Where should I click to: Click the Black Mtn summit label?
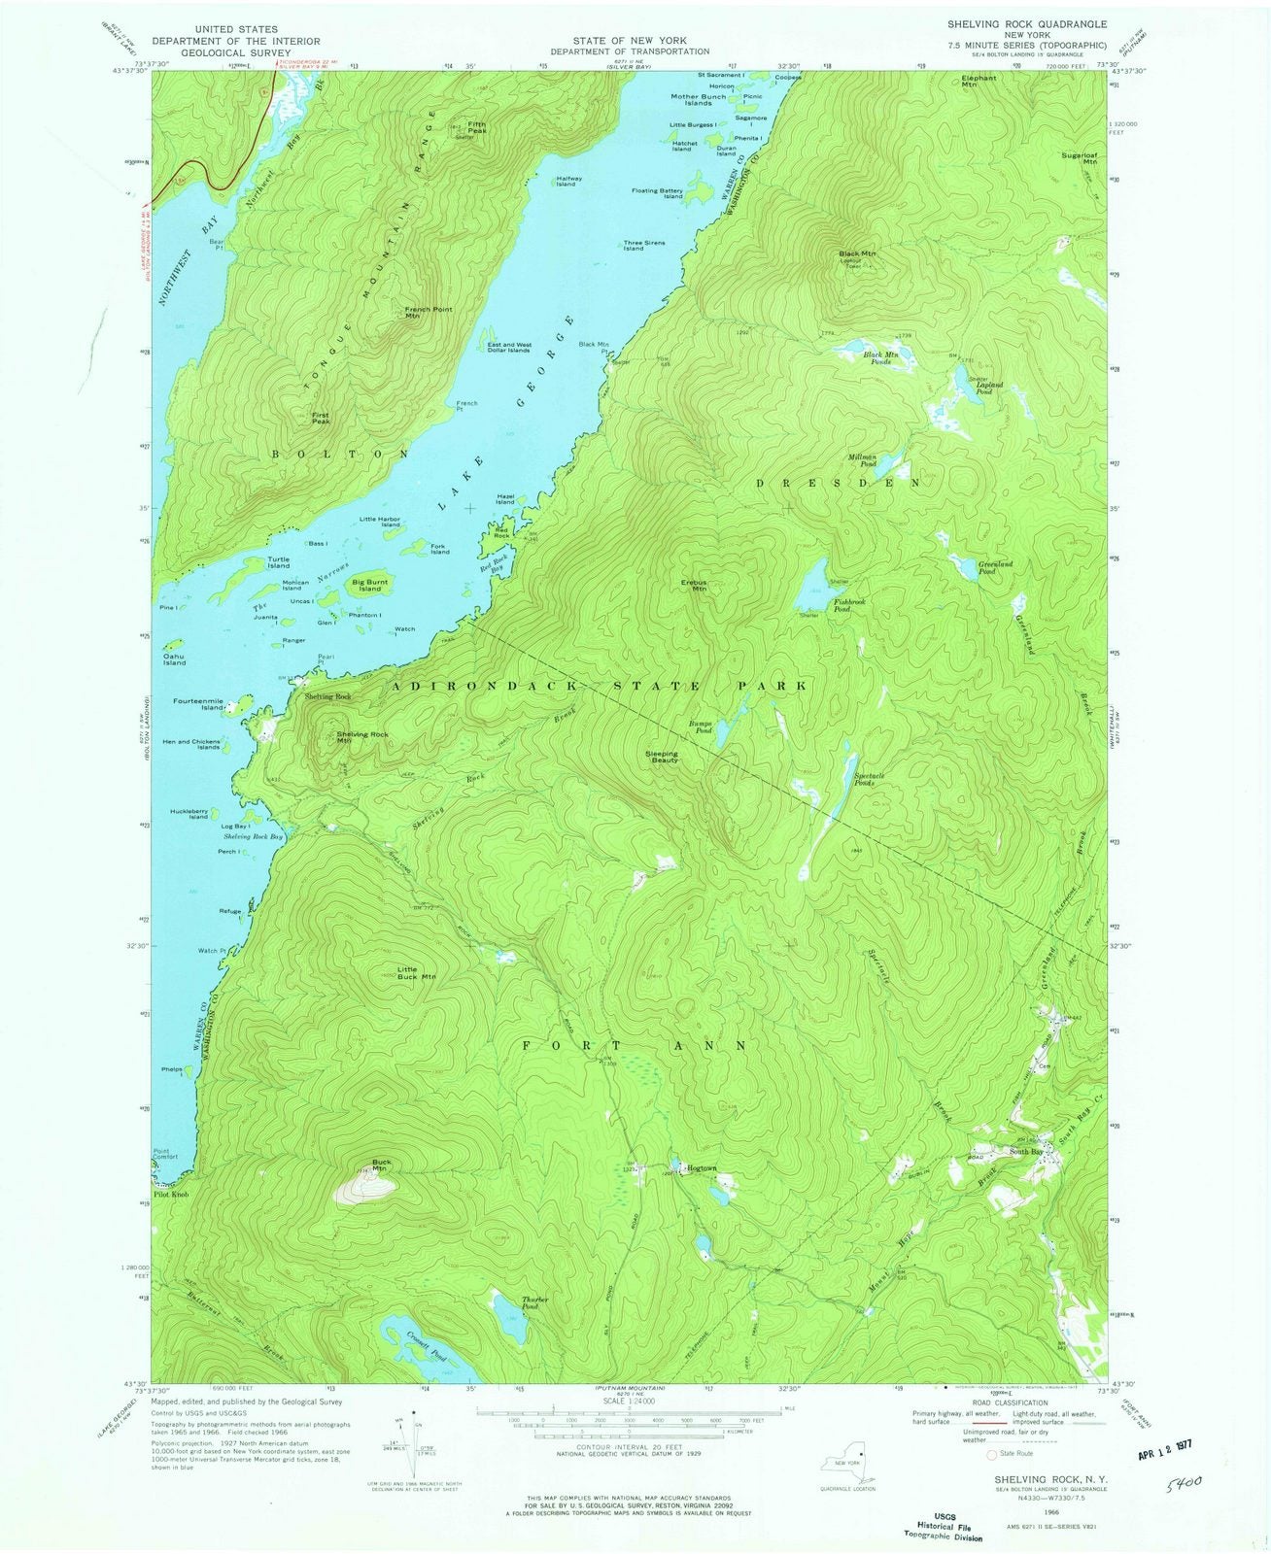857,254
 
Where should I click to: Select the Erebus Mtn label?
693,586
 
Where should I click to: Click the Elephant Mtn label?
979,82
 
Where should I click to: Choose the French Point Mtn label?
428,313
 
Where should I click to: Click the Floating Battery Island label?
658,194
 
